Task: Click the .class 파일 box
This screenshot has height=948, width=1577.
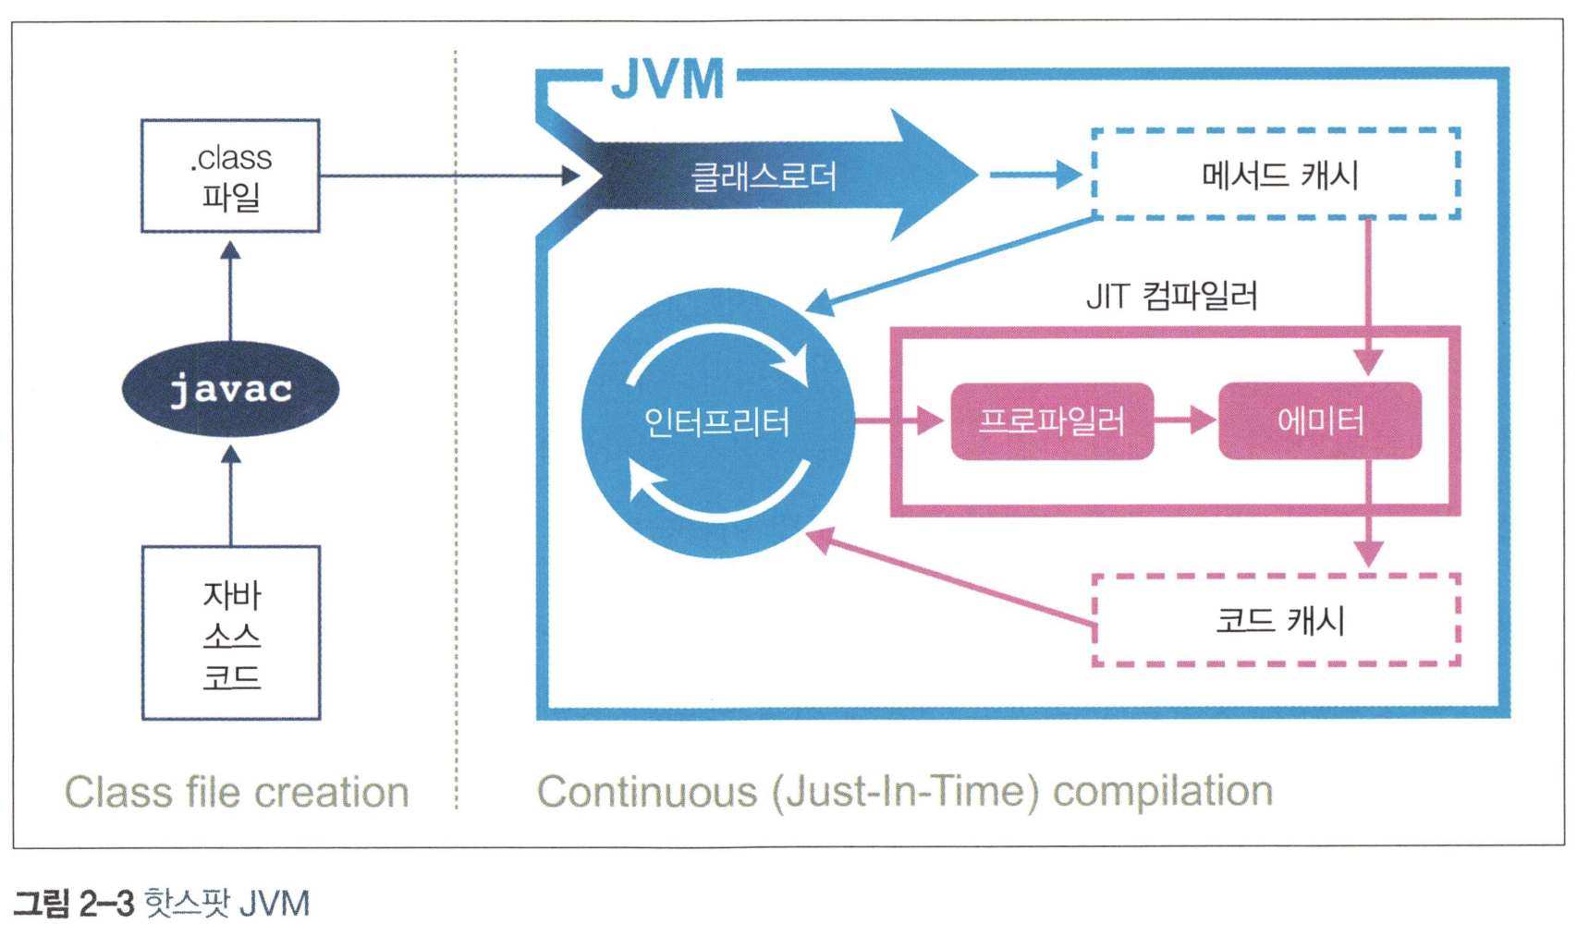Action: tap(230, 176)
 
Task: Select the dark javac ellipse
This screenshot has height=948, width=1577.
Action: tap(230, 389)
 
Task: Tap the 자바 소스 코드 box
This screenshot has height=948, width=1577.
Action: tap(231, 633)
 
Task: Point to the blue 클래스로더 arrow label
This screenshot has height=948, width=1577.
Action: tap(764, 176)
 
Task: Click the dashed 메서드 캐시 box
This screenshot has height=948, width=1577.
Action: tap(1276, 175)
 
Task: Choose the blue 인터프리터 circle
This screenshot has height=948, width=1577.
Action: tap(717, 422)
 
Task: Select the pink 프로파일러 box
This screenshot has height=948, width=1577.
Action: tap(1052, 421)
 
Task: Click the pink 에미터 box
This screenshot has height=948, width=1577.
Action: tap(1320, 421)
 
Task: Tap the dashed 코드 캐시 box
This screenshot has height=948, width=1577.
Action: tap(1276, 620)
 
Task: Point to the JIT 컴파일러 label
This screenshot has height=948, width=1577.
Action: tap(1171, 297)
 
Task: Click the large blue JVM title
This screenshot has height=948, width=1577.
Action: tap(668, 79)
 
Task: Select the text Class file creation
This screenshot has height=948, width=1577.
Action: tap(237, 792)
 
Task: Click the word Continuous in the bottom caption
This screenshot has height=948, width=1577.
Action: tap(646, 792)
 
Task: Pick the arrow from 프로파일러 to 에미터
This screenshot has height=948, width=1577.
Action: tap(1186, 421)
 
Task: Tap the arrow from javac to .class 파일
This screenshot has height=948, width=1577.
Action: tap(231, 288)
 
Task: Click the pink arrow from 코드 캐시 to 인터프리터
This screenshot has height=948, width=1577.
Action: tap(952, 578)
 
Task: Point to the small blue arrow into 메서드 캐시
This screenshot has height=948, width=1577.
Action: tap(1035, 174)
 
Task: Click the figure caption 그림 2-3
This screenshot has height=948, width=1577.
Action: tap(74, 903)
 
